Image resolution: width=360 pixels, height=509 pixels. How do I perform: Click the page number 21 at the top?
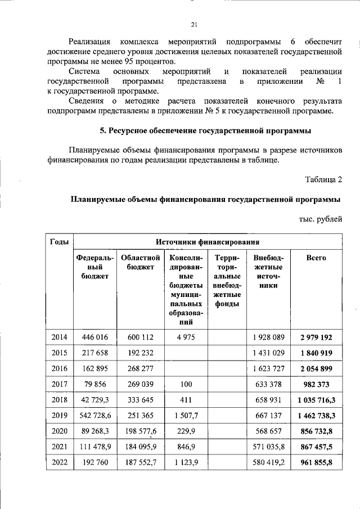coord(194,25)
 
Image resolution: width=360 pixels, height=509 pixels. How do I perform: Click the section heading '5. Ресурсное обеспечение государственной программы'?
coord(205,130)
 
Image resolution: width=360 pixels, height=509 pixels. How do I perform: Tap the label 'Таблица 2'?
coord(323,180)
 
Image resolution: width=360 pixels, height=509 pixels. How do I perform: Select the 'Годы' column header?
coord(60,242)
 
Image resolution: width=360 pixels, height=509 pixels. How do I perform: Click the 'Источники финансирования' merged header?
coord(208,242)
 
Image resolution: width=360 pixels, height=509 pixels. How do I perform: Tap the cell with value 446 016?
coord(95,337)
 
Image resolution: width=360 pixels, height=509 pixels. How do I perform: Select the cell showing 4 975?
coord(185,337)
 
